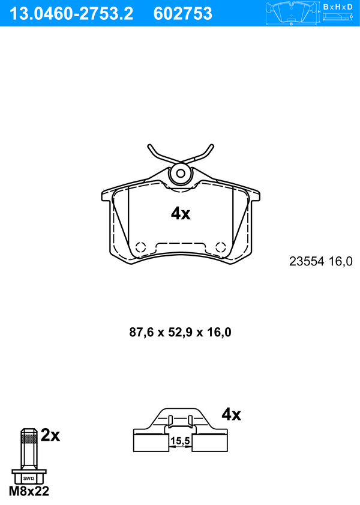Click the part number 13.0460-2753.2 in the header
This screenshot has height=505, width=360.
pos(71,14)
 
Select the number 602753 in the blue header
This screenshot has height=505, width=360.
pos(183,14)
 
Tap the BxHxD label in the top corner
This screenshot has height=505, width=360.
pos(338,7)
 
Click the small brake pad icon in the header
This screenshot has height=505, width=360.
pos(291,14)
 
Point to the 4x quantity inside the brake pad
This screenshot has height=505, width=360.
pos(181,214)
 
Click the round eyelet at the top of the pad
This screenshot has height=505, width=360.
pos(181,174)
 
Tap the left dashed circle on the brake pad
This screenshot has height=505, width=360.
pos(140,247)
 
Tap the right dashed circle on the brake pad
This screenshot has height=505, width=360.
pos(221,247)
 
